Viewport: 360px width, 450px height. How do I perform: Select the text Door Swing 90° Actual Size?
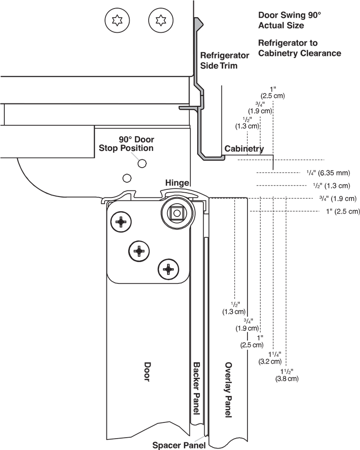(x=289, y=20)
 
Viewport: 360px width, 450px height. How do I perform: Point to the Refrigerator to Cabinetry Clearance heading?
(x=299, y=48)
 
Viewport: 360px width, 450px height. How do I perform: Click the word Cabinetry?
(x=244, y=149)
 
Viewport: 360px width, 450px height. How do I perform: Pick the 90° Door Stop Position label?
(x=126, y=144)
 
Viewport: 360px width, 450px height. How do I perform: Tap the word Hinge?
(x=177, y=183)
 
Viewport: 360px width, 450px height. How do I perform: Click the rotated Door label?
(x=147, y=372)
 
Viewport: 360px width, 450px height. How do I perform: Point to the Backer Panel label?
(x=196, y=389)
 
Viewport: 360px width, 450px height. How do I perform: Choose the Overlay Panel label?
(x=228, y=390)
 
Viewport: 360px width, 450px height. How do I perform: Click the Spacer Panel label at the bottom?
(x=179, y=445)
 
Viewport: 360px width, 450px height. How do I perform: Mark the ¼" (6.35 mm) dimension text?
(x=328, y=173)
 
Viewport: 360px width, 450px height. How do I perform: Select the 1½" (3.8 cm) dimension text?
(x=286, y=375)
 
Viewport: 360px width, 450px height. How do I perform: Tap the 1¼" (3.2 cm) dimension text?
(x=270, y=357)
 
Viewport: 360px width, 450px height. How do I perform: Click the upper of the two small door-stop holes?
(x=142, y=163)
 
